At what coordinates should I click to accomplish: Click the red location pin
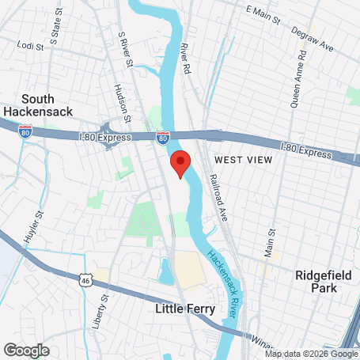180,164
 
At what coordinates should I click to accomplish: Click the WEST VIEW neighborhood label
243,160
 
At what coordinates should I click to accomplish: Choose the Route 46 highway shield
86,279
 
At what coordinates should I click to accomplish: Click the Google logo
26,349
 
